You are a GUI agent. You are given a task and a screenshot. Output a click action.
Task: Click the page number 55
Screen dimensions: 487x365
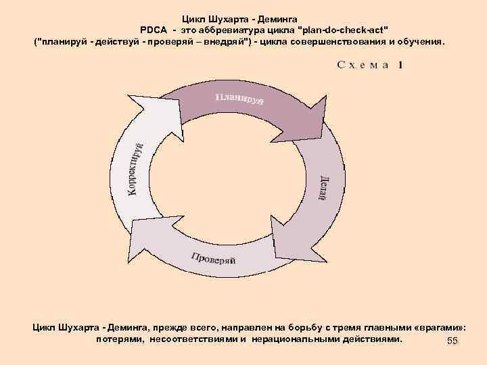[453, 341]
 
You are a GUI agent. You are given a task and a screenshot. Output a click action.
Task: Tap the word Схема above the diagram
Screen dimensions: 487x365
[362, 65]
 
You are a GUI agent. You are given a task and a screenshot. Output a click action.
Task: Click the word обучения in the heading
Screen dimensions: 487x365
[420, 42]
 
